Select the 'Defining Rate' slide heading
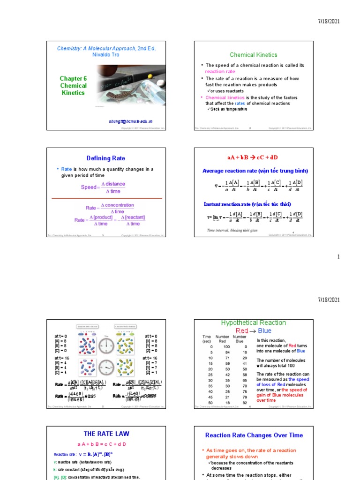(x=106, y=158)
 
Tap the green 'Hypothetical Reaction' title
(x=253, y=323)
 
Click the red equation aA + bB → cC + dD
(x=254, y=157)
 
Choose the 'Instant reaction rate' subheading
(x=247, y=204)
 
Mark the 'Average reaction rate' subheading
(x=255, y=171)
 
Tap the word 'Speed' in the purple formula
(x=88, y=187)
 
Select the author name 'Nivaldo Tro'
(x=106, y=55)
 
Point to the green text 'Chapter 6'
(x=73, y=79)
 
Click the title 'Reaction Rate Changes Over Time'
(x=254, y=435)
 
